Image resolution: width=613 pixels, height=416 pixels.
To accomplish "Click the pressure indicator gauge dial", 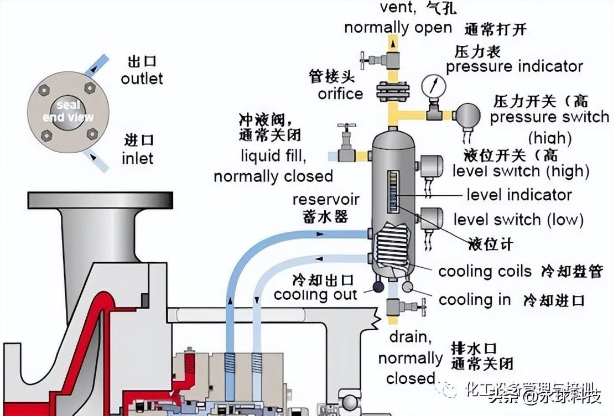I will point(433,86).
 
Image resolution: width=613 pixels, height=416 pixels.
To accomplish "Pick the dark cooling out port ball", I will point(378,287).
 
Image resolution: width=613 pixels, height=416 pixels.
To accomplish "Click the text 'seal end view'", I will point(69,111).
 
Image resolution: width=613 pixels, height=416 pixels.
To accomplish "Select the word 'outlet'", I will point(142,79).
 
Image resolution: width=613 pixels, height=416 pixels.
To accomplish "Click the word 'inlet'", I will point(137,159).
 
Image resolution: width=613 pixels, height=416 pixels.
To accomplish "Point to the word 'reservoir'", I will point(326,199).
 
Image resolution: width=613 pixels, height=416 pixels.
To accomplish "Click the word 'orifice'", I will point(340,93).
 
